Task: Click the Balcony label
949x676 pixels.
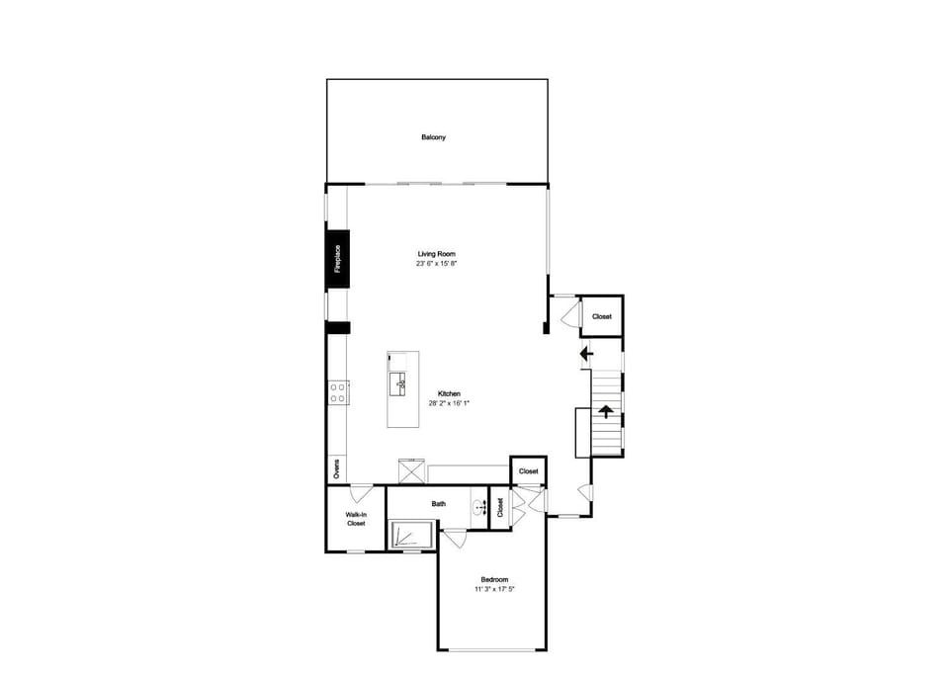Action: tap(433, 137)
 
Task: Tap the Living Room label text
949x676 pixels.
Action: tap(436, 254)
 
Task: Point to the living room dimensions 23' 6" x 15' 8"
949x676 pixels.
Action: tap(436, 264)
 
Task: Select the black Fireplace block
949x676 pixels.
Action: tap(338, 259)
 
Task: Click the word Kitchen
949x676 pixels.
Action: tap(449, 394)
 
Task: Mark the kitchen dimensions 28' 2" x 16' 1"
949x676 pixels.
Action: tap(449, 403)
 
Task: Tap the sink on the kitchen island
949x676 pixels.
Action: tap(398, 384)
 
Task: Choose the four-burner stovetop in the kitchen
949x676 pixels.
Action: tap(338, 392)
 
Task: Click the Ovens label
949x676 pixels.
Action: tap(336, 468)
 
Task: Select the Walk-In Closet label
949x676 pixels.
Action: tap(356, 519)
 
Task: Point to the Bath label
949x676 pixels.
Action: tap(439, 503)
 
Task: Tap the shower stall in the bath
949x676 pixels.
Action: tap(411, 534)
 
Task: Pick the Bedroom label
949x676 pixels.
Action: tap(494, 579)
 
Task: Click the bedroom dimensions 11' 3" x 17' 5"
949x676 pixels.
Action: tap(494, 589)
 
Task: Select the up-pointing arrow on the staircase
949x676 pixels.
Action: tap(606, 411)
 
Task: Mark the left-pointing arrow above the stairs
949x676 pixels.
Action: tap(586, 354)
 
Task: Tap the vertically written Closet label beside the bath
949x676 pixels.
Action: tap(500, 508)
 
